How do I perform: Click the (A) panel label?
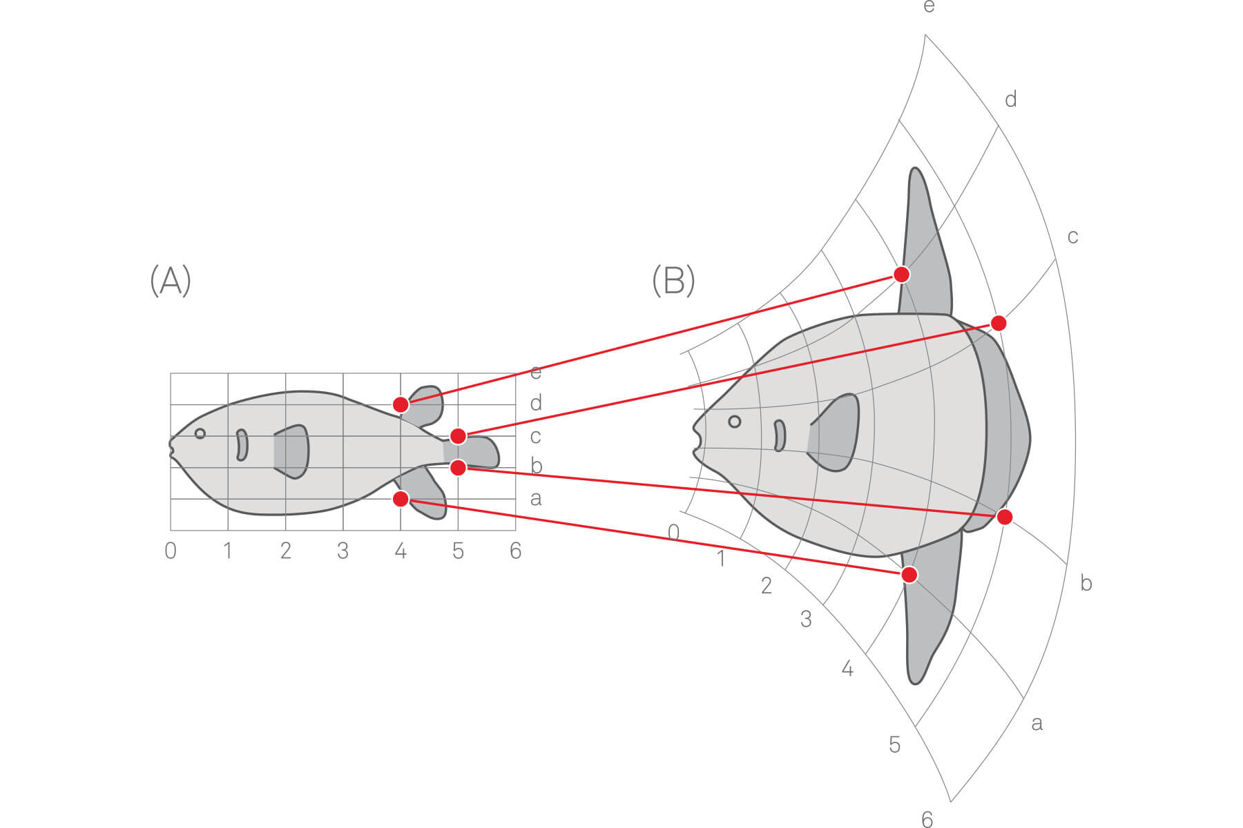pyautogui.click(x=171, y=281)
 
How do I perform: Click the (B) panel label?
pyautogui.click(x=673, y=281)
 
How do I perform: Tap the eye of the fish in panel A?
pyautogui.click(x=200, y=433)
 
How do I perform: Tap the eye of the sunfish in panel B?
pyautogui.click(x=735, y=421)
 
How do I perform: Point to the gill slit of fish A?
pyautogui.click(x=242, y=445)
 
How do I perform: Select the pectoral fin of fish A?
pyautogui.click(x=292, y=451)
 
